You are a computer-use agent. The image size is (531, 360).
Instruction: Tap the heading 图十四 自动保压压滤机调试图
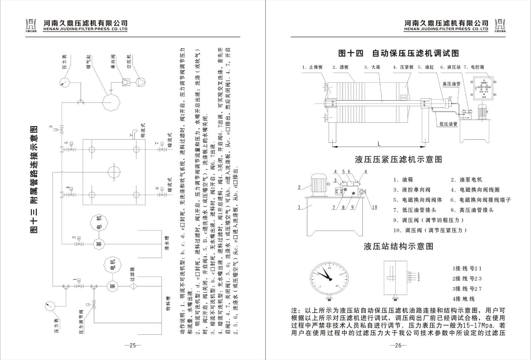(398, 53)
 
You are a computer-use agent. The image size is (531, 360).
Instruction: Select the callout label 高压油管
(451, 84)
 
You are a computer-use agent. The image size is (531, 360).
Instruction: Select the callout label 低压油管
(448, 124)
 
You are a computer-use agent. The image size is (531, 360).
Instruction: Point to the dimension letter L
(379, 144)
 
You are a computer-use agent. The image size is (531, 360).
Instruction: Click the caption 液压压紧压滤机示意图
(399, 160)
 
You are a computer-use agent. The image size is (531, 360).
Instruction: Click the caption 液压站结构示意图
(399, 247)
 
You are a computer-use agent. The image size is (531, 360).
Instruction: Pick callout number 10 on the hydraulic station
(374, 207)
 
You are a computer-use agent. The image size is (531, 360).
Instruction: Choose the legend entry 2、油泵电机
(466, 180)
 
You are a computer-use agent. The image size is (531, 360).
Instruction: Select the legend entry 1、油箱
(403, 180)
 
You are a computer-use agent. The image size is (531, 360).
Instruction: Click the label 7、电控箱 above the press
(474, 67)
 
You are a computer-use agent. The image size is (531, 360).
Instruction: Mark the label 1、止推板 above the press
(312, 67)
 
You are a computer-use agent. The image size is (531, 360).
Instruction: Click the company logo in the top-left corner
(32, 25)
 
